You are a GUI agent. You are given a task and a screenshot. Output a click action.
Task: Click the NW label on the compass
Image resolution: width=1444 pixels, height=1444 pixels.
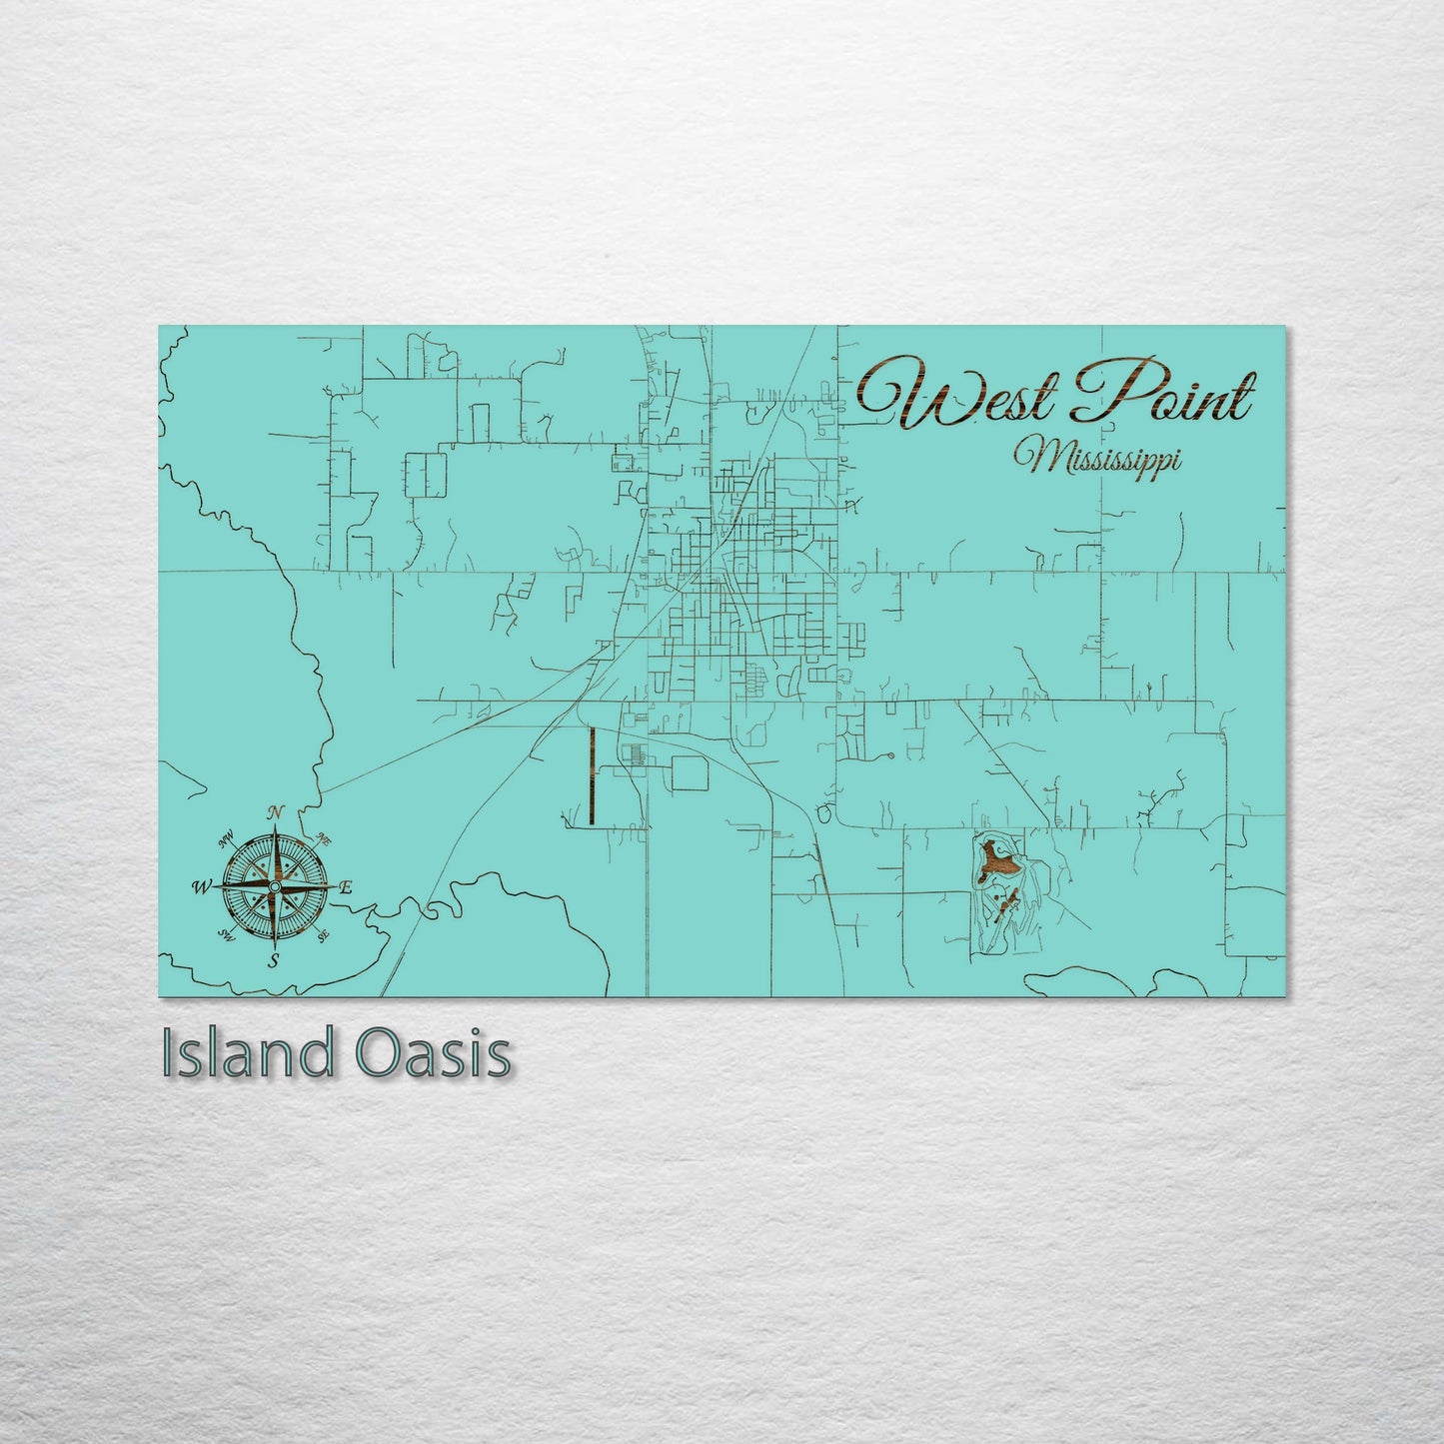click(226, 836)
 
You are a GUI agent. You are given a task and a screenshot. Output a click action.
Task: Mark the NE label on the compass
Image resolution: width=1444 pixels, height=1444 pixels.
click(323, 837)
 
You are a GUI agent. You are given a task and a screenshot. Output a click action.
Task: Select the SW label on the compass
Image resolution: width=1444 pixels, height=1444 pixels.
click(226, 936)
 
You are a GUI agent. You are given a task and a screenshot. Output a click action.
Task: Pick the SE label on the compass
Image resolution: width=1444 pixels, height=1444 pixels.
click(322, 936)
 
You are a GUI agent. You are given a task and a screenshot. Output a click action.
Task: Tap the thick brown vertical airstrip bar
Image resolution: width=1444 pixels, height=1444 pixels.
click(592, 775)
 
